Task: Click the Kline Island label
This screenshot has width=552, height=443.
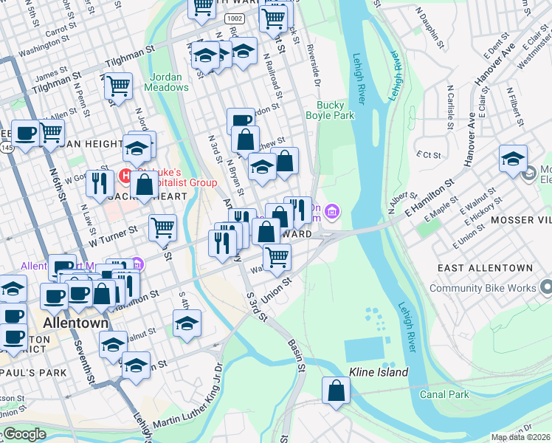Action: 379,372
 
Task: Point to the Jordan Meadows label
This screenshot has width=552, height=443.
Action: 170,82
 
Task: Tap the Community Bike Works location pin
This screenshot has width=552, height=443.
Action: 546,286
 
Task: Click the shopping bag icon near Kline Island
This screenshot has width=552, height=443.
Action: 336,391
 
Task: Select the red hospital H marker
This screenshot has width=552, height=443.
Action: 126,176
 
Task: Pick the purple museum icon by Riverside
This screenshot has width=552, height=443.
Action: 333,213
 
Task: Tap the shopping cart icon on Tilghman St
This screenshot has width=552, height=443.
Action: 118,86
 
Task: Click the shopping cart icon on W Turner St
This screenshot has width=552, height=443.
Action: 162,227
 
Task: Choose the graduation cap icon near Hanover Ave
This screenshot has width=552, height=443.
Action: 513,158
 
